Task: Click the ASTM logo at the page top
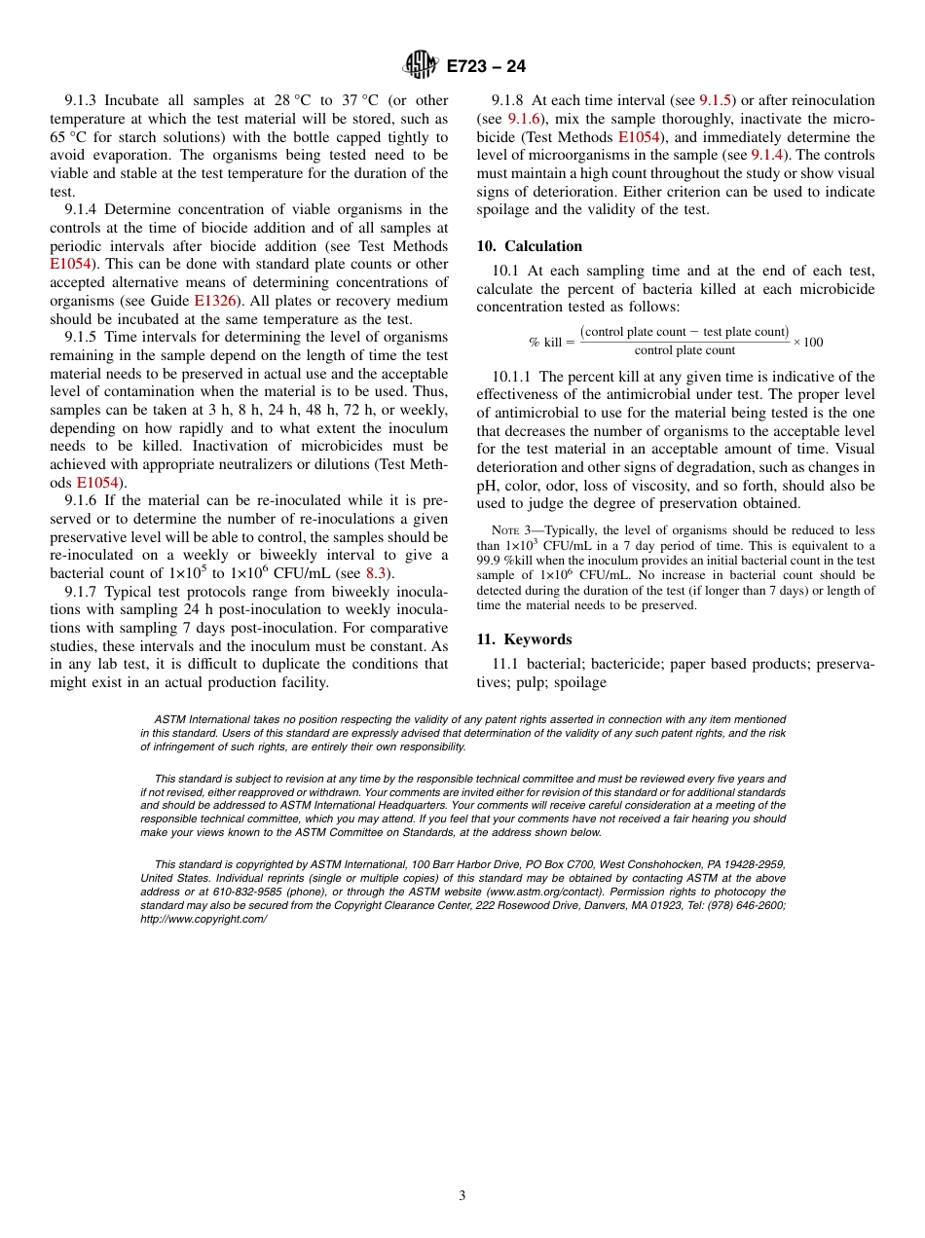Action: click(x=421, y=66)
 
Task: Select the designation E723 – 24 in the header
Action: click(x=486, y=67)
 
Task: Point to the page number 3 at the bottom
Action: click(x=462, y=1196)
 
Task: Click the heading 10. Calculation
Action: click(x=529, y=246)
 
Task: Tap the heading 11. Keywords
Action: click(x=524, y=639)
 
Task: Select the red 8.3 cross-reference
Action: click(x=377, y=573)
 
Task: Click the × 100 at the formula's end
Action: click(x=807, y=342)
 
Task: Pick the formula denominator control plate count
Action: click(x=684, y=351)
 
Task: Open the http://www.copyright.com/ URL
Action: click(x=203, y=919)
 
